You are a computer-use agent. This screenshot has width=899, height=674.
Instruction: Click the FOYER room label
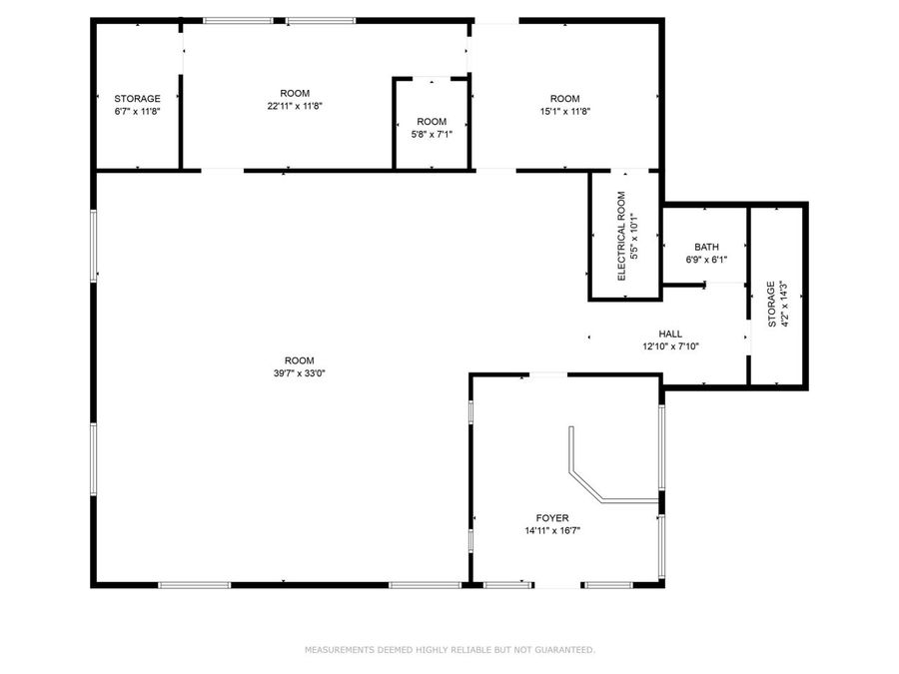[551, 518]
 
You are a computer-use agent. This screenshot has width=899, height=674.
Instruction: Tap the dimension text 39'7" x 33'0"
[299, 373]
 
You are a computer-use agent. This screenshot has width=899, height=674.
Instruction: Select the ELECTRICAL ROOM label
[621, 236]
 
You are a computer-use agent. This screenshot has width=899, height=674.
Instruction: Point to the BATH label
[706, 247]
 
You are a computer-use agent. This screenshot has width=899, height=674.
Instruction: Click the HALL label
[670, 335]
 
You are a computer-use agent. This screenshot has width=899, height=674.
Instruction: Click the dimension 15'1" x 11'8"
[564, 111]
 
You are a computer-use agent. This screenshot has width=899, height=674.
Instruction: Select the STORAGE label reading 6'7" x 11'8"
[137, 111]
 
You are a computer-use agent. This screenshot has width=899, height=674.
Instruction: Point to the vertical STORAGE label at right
[771, 304]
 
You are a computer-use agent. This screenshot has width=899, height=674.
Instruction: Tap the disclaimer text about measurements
[449, 650]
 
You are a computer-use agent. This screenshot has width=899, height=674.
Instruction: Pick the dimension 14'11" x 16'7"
[551, 531]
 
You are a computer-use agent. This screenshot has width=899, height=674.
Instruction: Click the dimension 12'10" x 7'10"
[670, 346]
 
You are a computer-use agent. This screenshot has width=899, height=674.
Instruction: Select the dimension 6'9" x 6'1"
[706, 260]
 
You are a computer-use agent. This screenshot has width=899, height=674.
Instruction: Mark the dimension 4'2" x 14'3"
[784, 304]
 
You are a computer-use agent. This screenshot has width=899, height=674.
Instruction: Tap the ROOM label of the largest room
[299, 360]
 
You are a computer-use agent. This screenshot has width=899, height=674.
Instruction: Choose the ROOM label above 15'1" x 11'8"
[564, 98]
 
